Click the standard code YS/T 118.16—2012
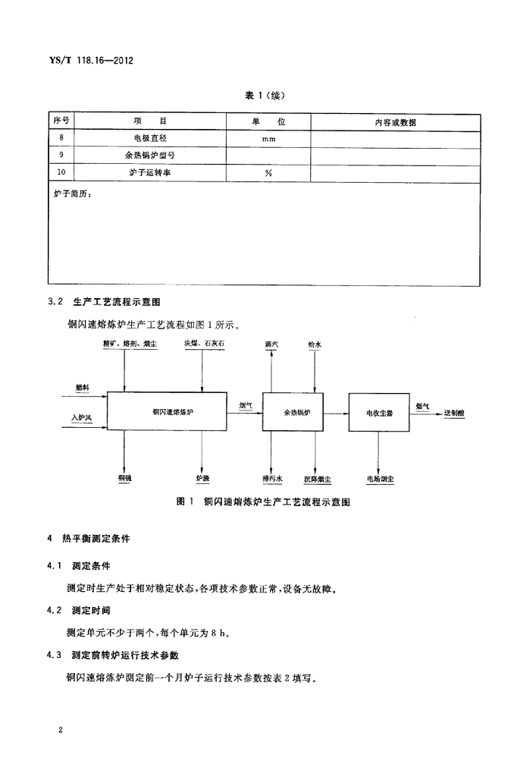click(92, 61)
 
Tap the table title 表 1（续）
click(265, 96)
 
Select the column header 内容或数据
click(395, 122)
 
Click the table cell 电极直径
click(150, 138)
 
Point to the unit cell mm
click(268, 140)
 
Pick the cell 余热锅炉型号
click(150, 155)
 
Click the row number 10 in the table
click(61, 172)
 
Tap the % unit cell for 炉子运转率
click(268, 173)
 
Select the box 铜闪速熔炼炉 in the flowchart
click(168, 411)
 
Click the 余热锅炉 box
click(293, 412)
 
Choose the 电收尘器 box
click(379, 412)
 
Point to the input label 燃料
click(83, 388)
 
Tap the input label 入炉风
click(81, 418)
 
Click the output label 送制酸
click(454, 412)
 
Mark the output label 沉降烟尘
click(318, 480)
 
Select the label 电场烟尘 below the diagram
click(381, 480)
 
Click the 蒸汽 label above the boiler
click(271, 344)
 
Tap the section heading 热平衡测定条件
click(96, 539)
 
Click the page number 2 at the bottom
click(61, 730)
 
